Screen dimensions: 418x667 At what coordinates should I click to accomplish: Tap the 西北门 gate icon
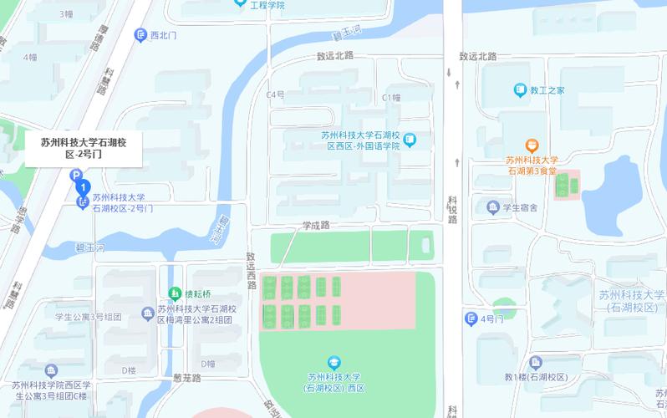(x=140, y=34)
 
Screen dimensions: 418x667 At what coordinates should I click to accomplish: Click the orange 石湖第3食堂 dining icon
(x=532, y=145)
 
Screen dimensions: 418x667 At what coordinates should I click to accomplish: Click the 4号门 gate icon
(x=471, y=319)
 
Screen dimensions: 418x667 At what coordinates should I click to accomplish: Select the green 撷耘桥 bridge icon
(x=174, y=293)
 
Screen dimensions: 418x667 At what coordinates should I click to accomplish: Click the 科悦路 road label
(x=452, y=209)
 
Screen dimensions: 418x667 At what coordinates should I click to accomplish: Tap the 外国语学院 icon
(x=409, y=140)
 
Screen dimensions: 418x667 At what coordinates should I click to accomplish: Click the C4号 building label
(x=275, y=94)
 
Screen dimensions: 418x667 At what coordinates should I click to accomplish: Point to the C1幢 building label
(x=391, y=97)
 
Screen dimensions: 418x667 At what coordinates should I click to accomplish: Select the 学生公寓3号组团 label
(x=89, y=317)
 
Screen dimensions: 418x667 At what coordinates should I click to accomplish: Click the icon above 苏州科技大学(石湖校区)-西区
(x=334, y=362)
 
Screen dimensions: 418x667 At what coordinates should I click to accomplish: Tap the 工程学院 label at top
(x=267, y=5)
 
